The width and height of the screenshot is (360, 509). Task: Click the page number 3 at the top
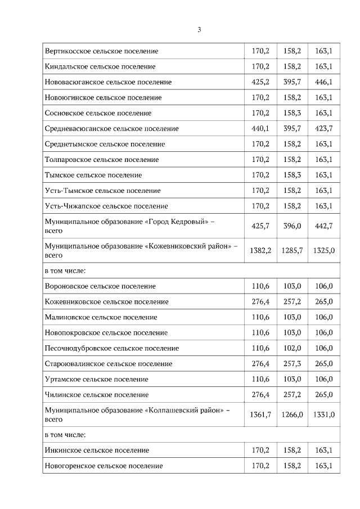click(x=199, y=30)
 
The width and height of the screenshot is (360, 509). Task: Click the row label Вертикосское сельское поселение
click(x=101, y=51)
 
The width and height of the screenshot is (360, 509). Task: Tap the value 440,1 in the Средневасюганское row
click(x=260, y=129)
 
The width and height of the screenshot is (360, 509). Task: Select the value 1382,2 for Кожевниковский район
click(x=260, y=251)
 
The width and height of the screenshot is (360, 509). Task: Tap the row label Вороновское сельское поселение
click(x=100, y=286)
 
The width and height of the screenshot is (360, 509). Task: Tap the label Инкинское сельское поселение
click(x=97, y=450)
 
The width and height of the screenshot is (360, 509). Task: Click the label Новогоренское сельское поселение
click(x=103, y=466)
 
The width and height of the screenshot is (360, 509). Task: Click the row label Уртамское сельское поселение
click(x=96, y=379)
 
